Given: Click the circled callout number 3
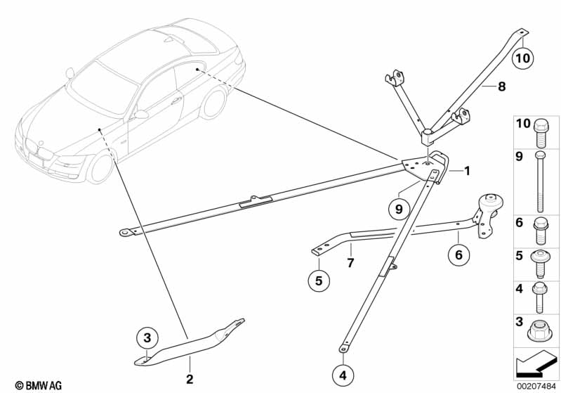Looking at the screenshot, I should click(x=147, y=339).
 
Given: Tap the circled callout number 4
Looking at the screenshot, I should click(x=343, y=376).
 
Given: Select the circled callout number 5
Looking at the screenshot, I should click(x=318, y=281).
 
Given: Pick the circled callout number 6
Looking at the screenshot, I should click(x=458, y=255).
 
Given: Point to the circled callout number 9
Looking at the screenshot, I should click(x=398, y=208).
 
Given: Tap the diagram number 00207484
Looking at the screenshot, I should click(x=536, y=385).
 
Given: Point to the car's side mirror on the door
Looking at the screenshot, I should click(x=140, y=114).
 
